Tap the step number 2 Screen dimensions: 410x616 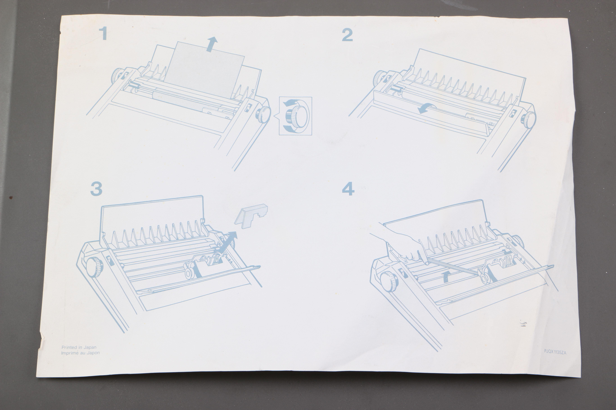(347, 35)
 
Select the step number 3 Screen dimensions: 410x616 (96, 189)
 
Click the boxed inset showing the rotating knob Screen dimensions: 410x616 (295, 116)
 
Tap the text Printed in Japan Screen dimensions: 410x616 (79, 347)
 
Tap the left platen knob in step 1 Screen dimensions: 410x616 (117, 76)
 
